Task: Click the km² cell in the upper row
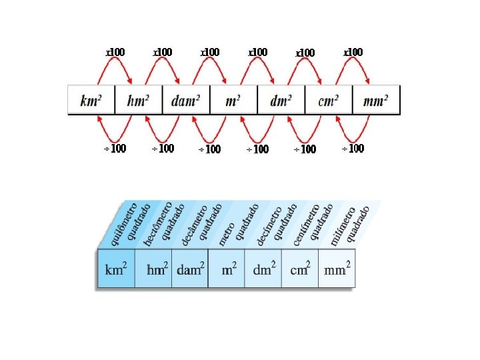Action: [x=91, y=101]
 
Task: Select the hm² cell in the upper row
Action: [x=139, y=101]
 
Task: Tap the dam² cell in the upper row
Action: [x=186, y=101]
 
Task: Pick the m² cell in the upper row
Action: [x=233, y=101]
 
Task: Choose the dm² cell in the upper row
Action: [x=281, y=101]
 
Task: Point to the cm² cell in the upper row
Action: [x=329, y=101]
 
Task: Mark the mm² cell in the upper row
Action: [x=376, y=101]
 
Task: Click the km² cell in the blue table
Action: [x=116, y=269]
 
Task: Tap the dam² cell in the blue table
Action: [x=190, y=269]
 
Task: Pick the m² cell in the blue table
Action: [x=227, y=269]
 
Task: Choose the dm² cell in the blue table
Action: [x=263, y=269]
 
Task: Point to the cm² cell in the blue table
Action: [x=300, y=269]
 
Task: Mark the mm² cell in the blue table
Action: [x=337, y=269]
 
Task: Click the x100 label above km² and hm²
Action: [x=115, y=52]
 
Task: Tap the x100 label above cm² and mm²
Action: [x=353, y=52]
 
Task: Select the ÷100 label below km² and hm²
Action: [x=115, y=149]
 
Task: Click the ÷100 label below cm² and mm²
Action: [x=353, y=149]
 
